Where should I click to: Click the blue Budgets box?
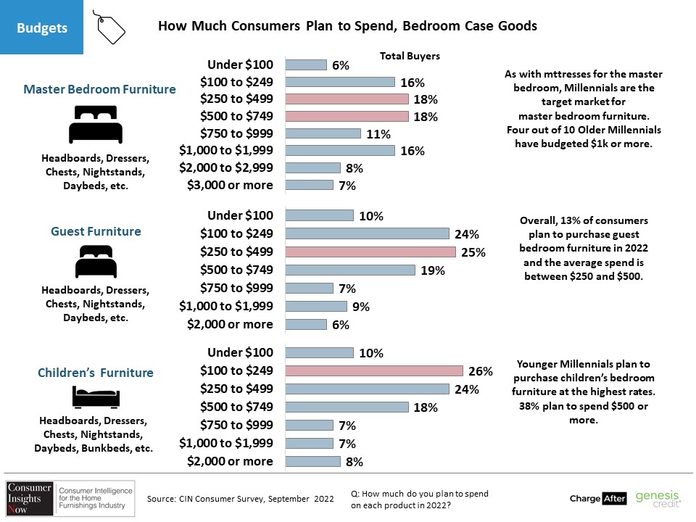[x=42, y=27]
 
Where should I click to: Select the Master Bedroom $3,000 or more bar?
[x=310, y=185]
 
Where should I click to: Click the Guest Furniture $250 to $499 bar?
[x=370, y=252]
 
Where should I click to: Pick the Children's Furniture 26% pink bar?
[x=374, y=370]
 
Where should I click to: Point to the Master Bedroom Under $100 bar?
[x=306, y=65]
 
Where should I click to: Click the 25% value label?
[x=473, y=252]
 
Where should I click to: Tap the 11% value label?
[x=378, y=134]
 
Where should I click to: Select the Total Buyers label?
[x=410, y=56]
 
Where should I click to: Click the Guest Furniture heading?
[x=96, y=231]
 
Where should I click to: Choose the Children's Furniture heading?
[x=96, y=373]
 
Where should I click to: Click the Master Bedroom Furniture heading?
[x=99, y=89]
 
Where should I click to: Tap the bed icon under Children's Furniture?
[x=96, y=397]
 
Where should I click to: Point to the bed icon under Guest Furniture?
[x=96, y=262]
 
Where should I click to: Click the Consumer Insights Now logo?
[x=70, y=498]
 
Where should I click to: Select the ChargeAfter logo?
[x=598, y=499]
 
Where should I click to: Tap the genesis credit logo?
[x=658, y=499]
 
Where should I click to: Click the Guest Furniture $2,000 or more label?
[x=230, y=324]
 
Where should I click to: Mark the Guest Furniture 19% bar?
[x=350, y=270]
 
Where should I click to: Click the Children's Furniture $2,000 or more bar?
[x=313, y=461]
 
